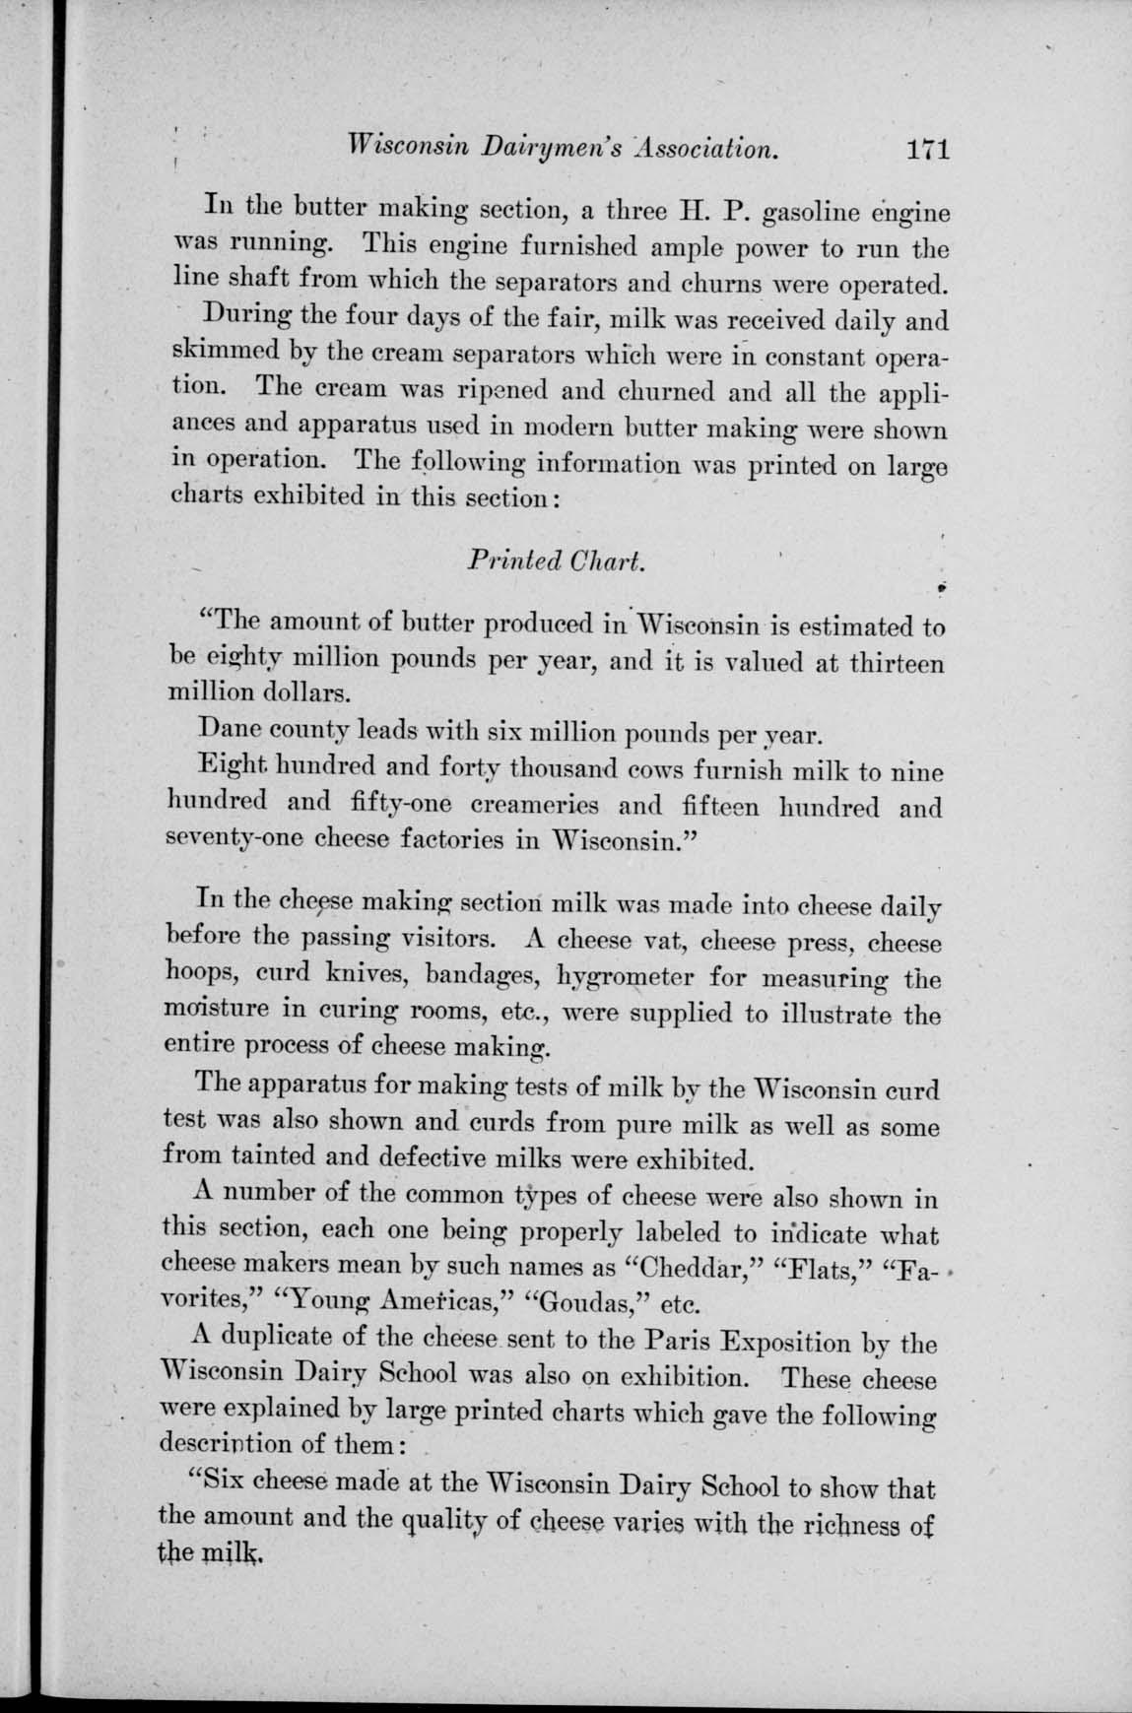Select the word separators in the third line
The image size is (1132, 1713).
tap(555, 286)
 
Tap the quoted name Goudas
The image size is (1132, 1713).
tap(581, 1303)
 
